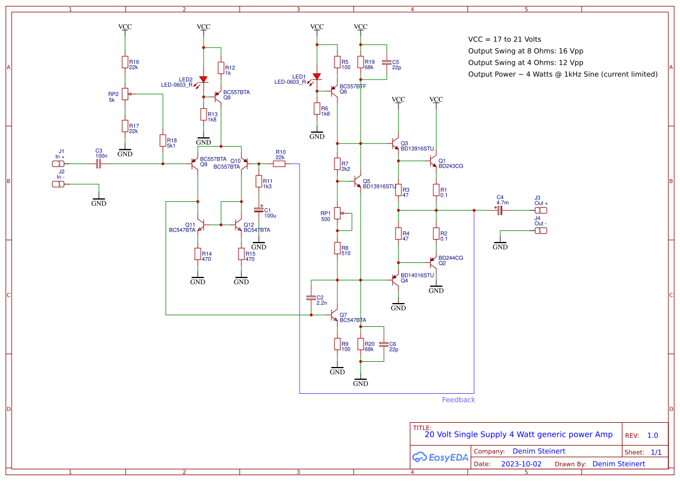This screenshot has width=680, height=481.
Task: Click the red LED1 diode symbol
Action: point(316,76)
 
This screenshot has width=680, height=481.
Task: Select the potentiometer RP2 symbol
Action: point(125,94)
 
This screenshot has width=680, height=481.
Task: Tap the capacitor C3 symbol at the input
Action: point(98,164)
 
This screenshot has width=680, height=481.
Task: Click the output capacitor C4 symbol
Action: point(499,211)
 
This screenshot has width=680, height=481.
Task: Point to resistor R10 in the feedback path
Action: point(279,164)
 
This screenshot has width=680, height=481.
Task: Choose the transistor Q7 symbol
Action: point(333,316)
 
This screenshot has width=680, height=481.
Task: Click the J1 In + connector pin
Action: point(58,164)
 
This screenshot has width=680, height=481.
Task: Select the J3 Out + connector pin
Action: point(540,211)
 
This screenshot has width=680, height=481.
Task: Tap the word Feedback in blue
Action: point(458,400)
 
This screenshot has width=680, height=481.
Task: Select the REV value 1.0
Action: point(653,436)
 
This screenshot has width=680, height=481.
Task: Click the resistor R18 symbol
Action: point(163,141)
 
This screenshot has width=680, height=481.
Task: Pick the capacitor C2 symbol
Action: point(311,298)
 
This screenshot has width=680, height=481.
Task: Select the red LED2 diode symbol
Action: point(203,80)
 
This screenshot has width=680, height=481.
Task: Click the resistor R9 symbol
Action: point(337,344)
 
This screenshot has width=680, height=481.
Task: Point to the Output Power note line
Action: point(562,74)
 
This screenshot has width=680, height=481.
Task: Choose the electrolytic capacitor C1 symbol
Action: point(259,209)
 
